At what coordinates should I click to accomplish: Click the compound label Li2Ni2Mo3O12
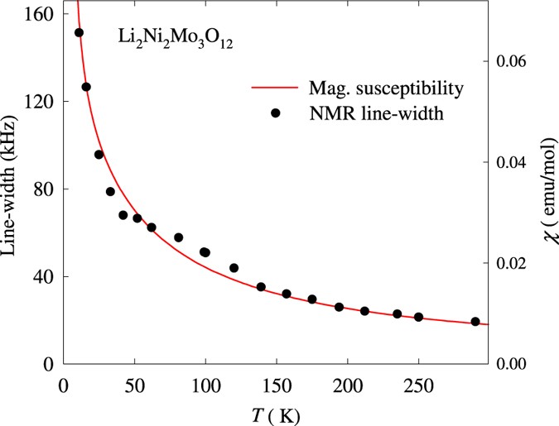tap(173, 39)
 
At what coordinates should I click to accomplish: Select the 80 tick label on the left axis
tap(43, 189)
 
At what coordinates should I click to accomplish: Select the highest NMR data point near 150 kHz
tap(79, 33)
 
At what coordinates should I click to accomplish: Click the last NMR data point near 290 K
tap(475, 321)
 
